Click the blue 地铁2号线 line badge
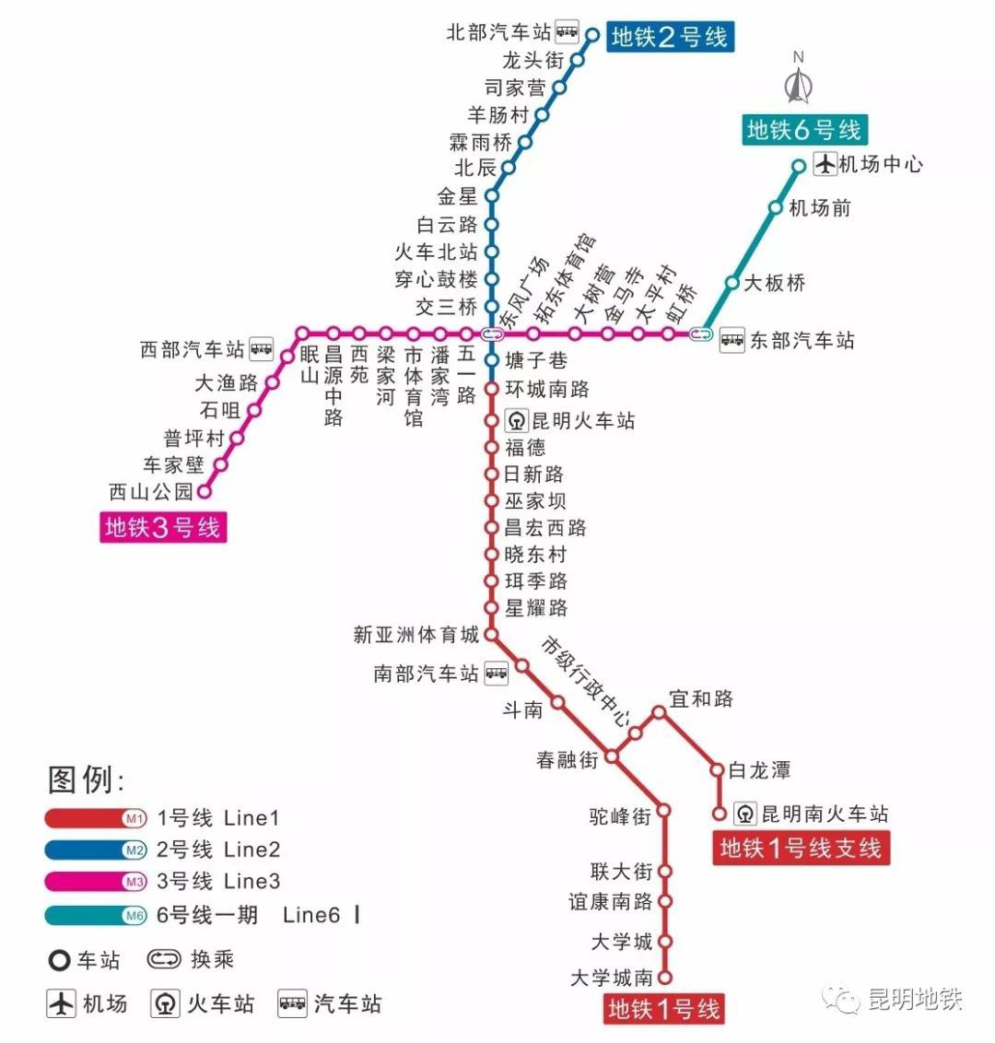(x=670, y=37)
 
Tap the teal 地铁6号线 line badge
(x=804, y=130)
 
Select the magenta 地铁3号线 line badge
(x=163, y=527)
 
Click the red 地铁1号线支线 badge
(x=801, y=848)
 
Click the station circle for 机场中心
(x=799, y=166)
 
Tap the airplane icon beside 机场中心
(x=825, y=165)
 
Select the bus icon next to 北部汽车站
(x=568, y=32)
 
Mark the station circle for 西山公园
(x=205, y=491)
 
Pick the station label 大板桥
(x=774, y=283)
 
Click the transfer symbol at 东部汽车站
(x=702, y=334)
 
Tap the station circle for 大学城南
(x=665, y=978)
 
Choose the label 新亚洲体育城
(x=416, y=635)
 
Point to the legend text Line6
(x=311, y=915)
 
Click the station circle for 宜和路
(x=660, y=712)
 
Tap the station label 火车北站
(x=436, y=252)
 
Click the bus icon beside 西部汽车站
(x=262, y=349)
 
